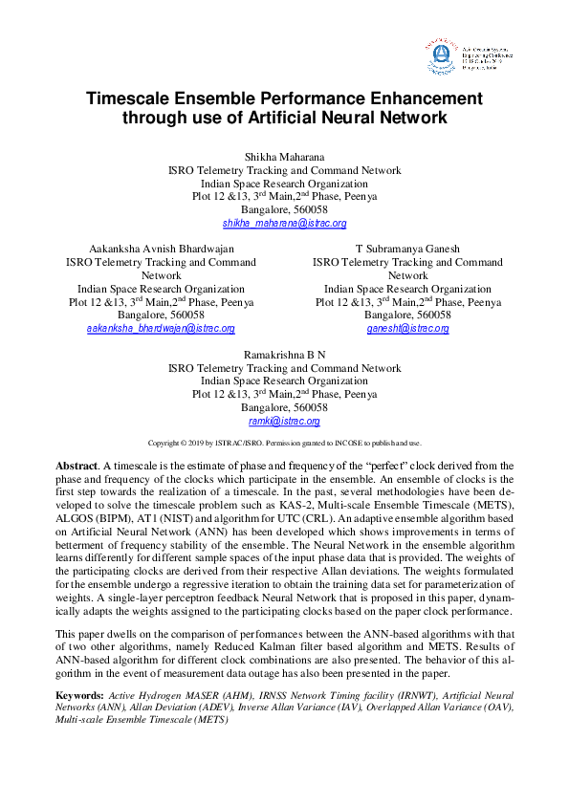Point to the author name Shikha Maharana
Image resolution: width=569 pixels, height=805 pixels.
[x=284, y=157]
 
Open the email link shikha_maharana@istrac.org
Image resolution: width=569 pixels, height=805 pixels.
[x=284, y=223]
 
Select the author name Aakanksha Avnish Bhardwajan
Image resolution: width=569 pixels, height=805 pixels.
[x=161, y=249]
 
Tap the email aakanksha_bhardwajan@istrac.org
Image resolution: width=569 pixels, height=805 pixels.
[x=161, y=328]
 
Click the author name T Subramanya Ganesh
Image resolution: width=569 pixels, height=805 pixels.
[x=407, y=249]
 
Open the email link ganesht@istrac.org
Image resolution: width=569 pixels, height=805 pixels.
[x=407, y=328]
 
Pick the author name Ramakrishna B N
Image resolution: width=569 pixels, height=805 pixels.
[x=284, y=355]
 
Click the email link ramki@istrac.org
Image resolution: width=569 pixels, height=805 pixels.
[x=284, y=421]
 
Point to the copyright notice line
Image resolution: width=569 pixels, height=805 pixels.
[x=284, y=444]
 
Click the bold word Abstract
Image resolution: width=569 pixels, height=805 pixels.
[x=77, y=465]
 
